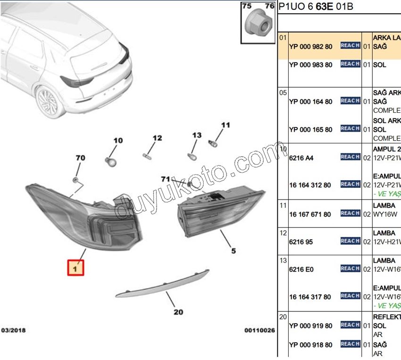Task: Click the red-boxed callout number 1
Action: (x=76, y=268)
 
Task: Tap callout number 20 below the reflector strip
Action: (x=178, y=312)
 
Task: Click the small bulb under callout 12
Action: (x=147, y=154)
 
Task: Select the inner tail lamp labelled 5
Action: (x=220, y=210)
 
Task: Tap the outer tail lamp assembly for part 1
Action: (x=90, y=217)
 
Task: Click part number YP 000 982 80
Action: (x=310, y=47)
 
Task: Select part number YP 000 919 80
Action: (x=310, y=326)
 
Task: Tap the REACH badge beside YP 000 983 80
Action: (x=350, y=64)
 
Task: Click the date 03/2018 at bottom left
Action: (x=13, y=330)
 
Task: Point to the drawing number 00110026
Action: (x=259, y=330)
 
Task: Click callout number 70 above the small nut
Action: (x=80, y=158)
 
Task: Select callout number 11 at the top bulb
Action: (x=226, y=125)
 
